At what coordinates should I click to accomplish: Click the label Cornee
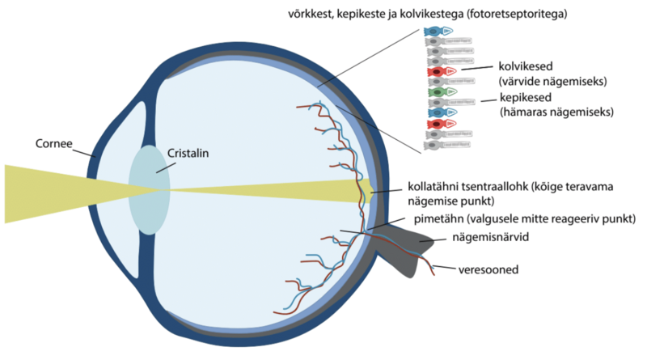coord(54,145)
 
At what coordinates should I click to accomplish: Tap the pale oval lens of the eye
coord(148,190)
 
